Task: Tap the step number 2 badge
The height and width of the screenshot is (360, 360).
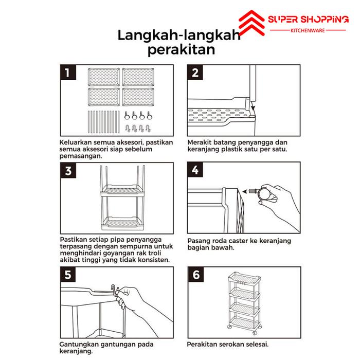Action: click(x=195, y=73)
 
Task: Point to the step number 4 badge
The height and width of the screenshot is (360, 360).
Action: click(x=195, y=170)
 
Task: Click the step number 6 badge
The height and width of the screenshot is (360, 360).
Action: click(x=195, y=275)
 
